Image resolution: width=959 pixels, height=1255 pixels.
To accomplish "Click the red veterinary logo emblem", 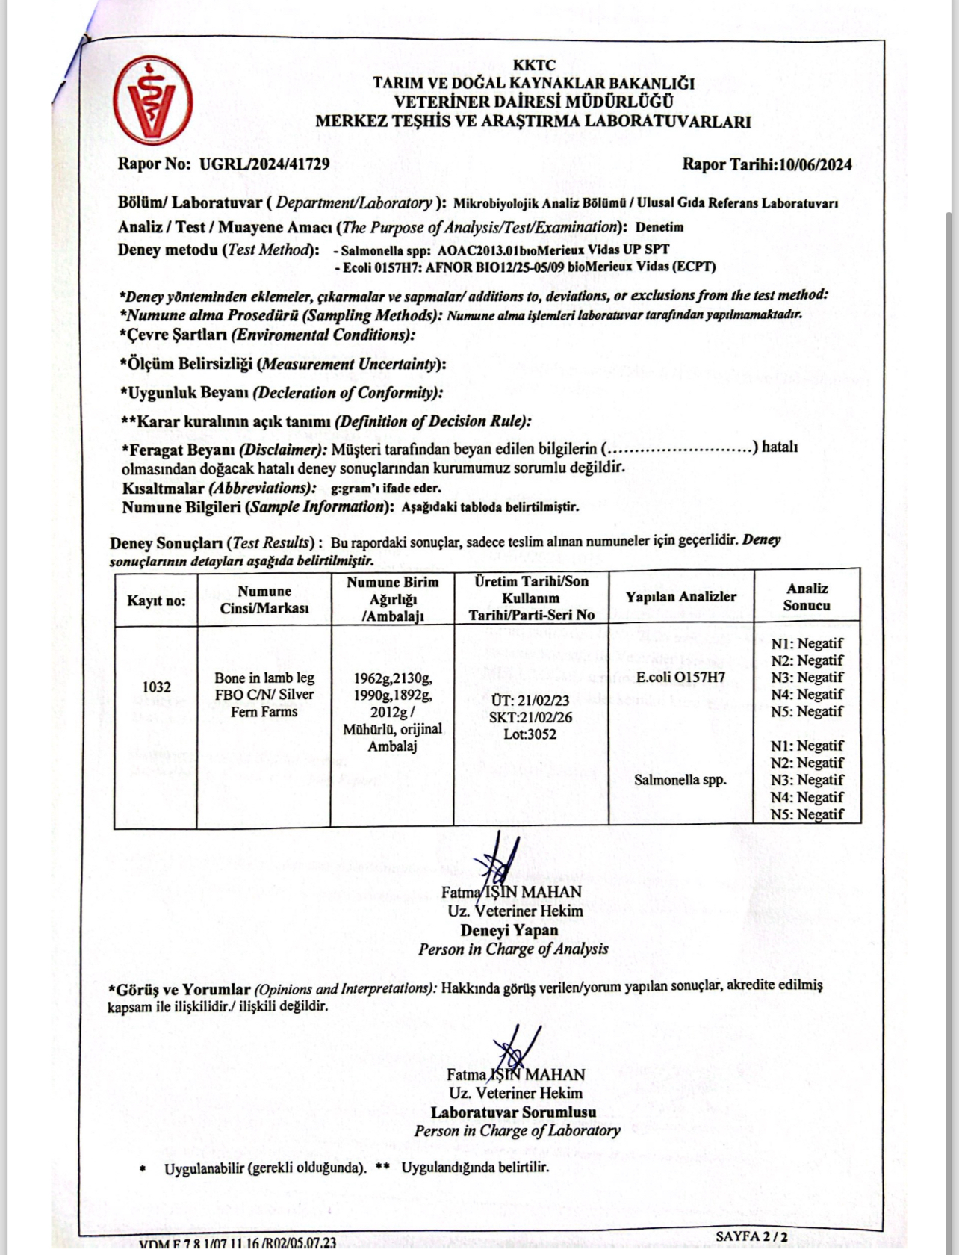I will point(154,101).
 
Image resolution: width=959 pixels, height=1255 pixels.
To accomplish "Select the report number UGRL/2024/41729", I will point(264,164).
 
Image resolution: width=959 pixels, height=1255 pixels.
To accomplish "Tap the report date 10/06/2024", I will point(815,165).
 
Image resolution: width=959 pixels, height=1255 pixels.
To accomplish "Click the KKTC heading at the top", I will point(533,66).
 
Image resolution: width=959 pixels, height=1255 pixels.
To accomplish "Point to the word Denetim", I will point(659,227).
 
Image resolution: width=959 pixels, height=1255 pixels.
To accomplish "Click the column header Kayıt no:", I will point(156,601).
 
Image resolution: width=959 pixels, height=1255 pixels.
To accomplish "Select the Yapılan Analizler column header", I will point(680,596).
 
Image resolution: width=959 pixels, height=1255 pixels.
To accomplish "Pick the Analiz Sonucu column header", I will point(807,597).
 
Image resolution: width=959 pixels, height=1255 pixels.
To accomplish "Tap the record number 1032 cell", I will point(156,687).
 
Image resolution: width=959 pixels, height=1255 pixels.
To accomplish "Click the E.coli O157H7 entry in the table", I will point(680,678).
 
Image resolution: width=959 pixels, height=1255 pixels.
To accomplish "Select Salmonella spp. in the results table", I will point(680,780).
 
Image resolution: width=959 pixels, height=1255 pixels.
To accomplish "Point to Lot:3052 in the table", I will point(530,734).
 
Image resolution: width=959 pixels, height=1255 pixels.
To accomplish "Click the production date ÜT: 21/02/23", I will point(530,701).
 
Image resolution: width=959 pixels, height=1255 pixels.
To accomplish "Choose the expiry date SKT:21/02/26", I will point(530,717).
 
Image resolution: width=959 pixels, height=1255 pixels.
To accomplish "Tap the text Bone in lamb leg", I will point(264,678).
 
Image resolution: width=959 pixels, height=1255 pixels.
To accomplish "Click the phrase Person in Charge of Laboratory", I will point(517,1130).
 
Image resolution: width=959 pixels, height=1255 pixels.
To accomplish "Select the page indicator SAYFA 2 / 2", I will point(751,1236).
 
